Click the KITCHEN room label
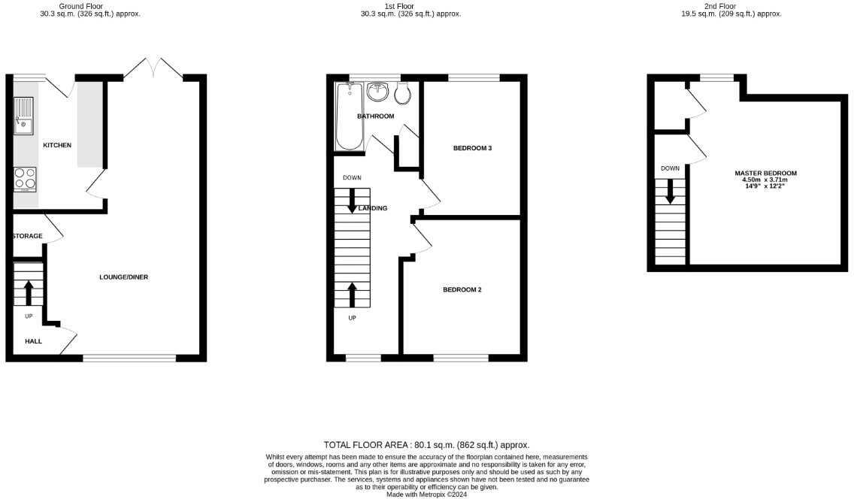click(x=57, y=145)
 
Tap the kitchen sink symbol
click(x=23, y=116)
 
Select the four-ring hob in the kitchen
click(x=24, y=179)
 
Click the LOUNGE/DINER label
click(x=123, y=277)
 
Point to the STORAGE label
click(x=27, y=237)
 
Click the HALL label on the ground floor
click(x=33, y=341)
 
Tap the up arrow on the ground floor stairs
click(x=29, y=292)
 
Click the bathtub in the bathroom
click(x=350, y=116)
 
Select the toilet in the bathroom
click(x=402, y=93)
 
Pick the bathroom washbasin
click(x=378, y=92)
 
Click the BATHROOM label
click(x=375, y=116)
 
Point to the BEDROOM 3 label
click(x=472, y=148)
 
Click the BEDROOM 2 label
click(x=462, y=289)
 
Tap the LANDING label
click(x=373, y=208)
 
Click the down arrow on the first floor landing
click(x=352, y=201)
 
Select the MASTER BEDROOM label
click(x=765, y=173)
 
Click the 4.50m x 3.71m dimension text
click(x=765, y=180)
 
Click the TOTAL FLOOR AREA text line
click(x=432, y=445)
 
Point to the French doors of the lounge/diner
click(x=153, y=68)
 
